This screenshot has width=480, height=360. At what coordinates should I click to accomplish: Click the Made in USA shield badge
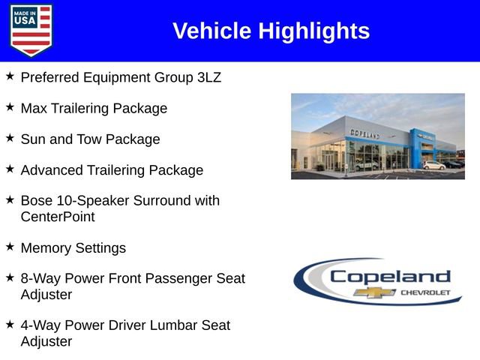coord(31,30)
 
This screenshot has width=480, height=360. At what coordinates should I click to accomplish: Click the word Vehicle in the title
coord(212,31)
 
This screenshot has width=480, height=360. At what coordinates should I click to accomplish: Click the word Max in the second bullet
coord(34,109)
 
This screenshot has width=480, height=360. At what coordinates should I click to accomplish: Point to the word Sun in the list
coord(34,139)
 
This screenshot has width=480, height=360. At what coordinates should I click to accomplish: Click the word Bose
coord(37,201)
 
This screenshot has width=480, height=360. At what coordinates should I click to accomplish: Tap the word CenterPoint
coord(58,217)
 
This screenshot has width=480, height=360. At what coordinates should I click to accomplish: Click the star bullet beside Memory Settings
coord(10,246)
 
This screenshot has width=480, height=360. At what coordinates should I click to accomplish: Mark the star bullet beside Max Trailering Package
coord(10,106)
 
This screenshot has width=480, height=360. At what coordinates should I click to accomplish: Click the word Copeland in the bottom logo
coord(390,276)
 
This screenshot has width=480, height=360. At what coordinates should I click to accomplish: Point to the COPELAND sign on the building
coord(365,133)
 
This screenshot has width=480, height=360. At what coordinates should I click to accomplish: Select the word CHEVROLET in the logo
coord(425,292)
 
